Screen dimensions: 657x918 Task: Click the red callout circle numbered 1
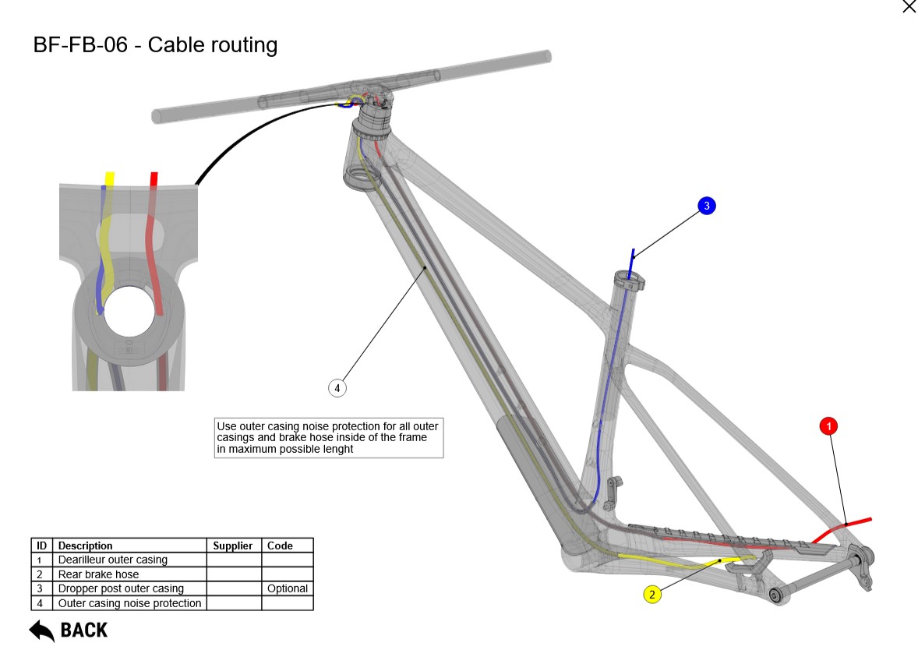[x=829, y=426]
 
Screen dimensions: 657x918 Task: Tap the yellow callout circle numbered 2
[x=652, y=595]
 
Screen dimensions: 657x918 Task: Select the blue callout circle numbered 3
[x=706, y=206]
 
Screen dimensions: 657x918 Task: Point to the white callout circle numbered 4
[x=337, y=387]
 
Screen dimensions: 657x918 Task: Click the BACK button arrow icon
[x=41, y=631]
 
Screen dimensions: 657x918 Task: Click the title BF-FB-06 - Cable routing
[x=155, y=45]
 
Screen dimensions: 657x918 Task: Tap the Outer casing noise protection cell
[x=130, y=603]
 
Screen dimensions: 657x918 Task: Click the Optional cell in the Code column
[x=288, y=588]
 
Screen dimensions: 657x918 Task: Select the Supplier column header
[x=234, y=546]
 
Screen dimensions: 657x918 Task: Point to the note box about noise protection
[x=328, y=438]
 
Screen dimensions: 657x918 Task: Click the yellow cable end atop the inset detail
[x=110, y=177]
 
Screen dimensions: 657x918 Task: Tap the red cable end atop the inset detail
[x=154, y=177]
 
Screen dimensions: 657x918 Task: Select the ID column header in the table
[x=42, y=546]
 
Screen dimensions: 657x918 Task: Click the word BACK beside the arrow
[x=84, y=631]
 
